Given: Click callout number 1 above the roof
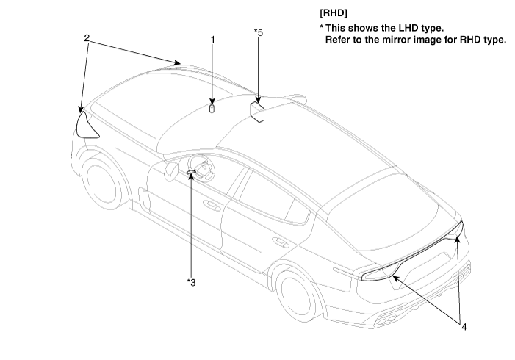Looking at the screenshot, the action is tap(212, 40).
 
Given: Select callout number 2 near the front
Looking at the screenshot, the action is tap(87, 38).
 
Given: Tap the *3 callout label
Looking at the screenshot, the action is tap(191, 282).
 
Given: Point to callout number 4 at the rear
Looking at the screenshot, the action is tap(464, 327).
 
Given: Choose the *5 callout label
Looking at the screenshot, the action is tap(259, 32).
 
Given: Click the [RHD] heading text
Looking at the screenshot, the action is tap(334, 13).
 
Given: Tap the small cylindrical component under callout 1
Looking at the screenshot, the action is tap(212, 109).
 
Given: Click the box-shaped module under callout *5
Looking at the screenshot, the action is tap(257, 112).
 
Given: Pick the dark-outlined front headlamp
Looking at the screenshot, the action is tap(87, 126).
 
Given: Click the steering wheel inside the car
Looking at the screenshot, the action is tap(201, 168).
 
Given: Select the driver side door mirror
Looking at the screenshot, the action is tap(171, 171).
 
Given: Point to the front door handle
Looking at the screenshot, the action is tap(211, 205).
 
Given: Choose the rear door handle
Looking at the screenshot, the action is tap(280, 242).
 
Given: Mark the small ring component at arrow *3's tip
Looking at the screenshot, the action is tap(191, 172).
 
